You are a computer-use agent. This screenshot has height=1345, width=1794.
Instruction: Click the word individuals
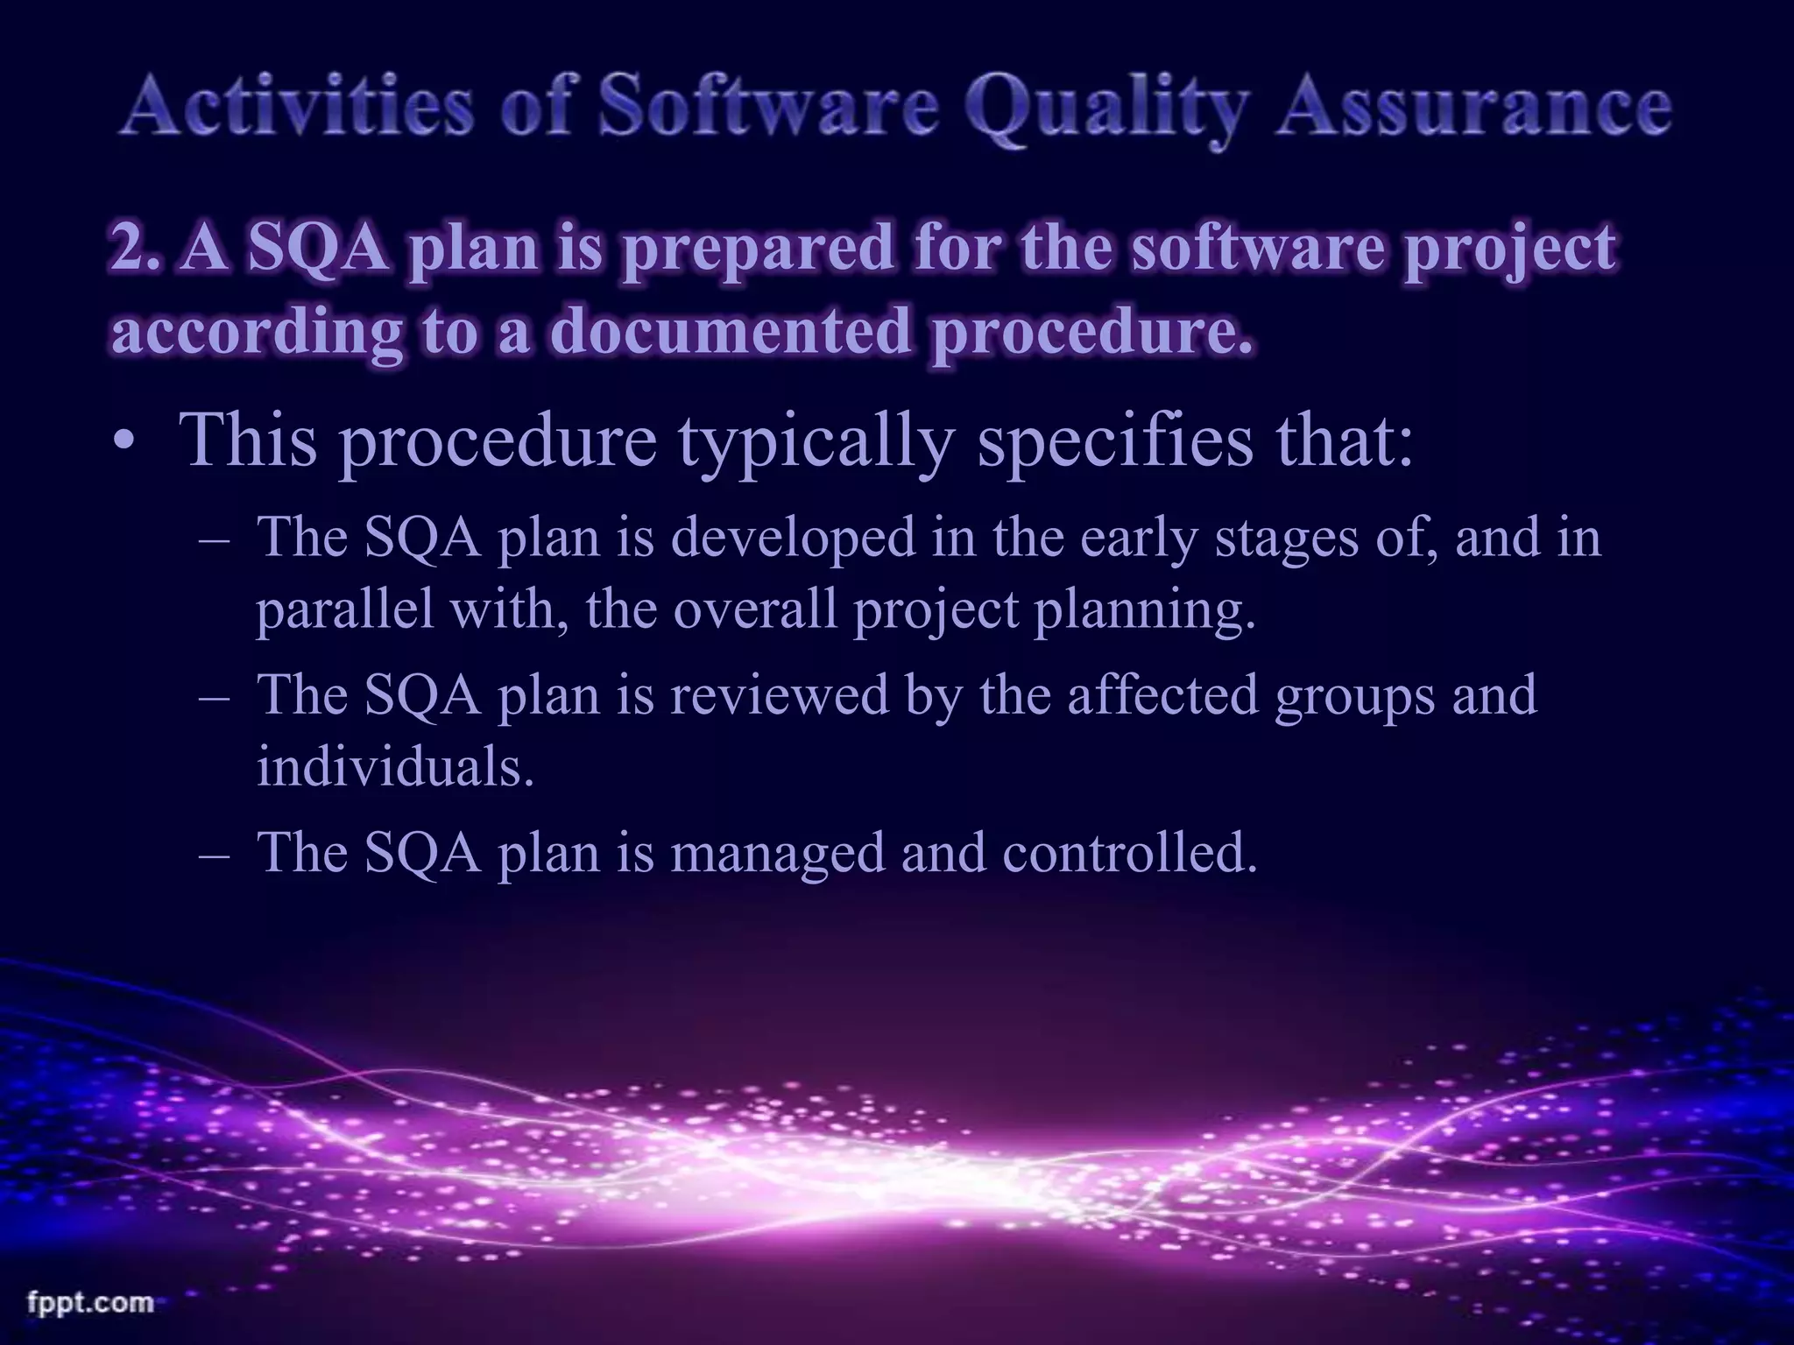[395, 767]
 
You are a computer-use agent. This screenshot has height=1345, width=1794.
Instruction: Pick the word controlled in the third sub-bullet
[1130, 852]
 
